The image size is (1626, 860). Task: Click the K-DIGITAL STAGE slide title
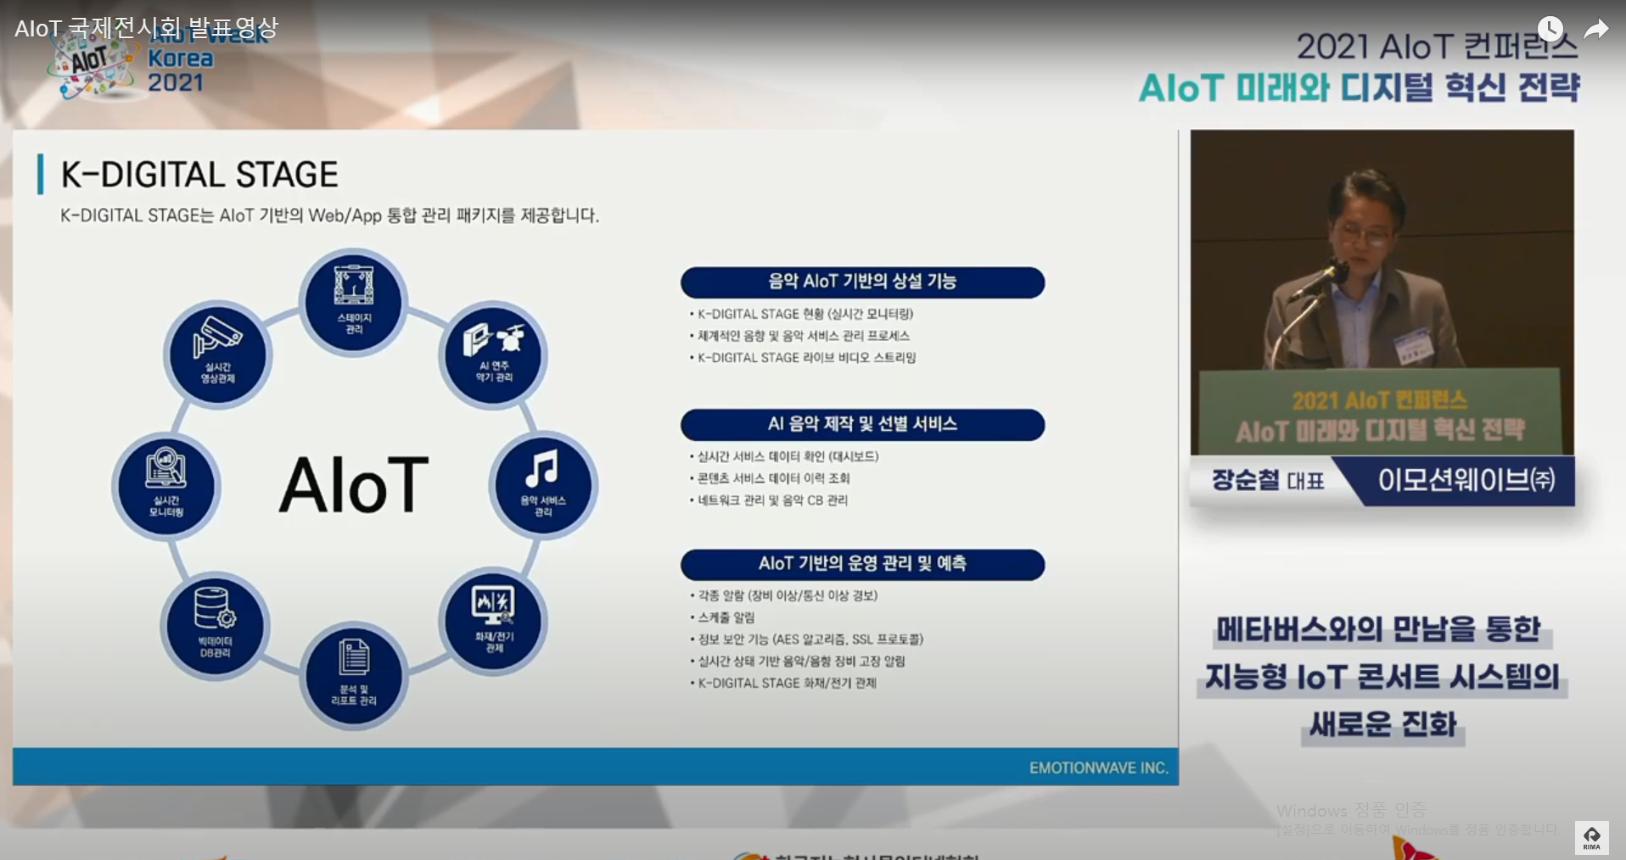(199, 175)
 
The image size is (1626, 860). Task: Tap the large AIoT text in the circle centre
(354, 485)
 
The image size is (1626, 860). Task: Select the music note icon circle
(543, 484)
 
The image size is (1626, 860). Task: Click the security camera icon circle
(218, 354)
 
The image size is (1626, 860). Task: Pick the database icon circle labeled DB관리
(215, 625)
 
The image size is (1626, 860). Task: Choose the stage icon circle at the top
(354, 301)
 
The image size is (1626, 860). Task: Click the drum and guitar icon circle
(493, 354)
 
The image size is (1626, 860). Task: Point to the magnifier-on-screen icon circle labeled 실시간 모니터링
(166, 485)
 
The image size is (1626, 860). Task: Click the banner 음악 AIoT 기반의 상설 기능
(862, 282)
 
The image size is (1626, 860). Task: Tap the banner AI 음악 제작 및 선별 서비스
(862, 424)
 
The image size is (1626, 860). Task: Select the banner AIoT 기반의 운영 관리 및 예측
(862, 564)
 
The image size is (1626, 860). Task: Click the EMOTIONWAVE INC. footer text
(1098, 768)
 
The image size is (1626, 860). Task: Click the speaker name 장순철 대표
(1267, 481)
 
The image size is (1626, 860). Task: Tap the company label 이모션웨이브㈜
(1466, 481)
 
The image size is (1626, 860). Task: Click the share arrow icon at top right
(1596, 30)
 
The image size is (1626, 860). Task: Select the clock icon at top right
(1550, 29)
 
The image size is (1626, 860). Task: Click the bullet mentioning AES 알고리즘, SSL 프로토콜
(810, 639)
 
